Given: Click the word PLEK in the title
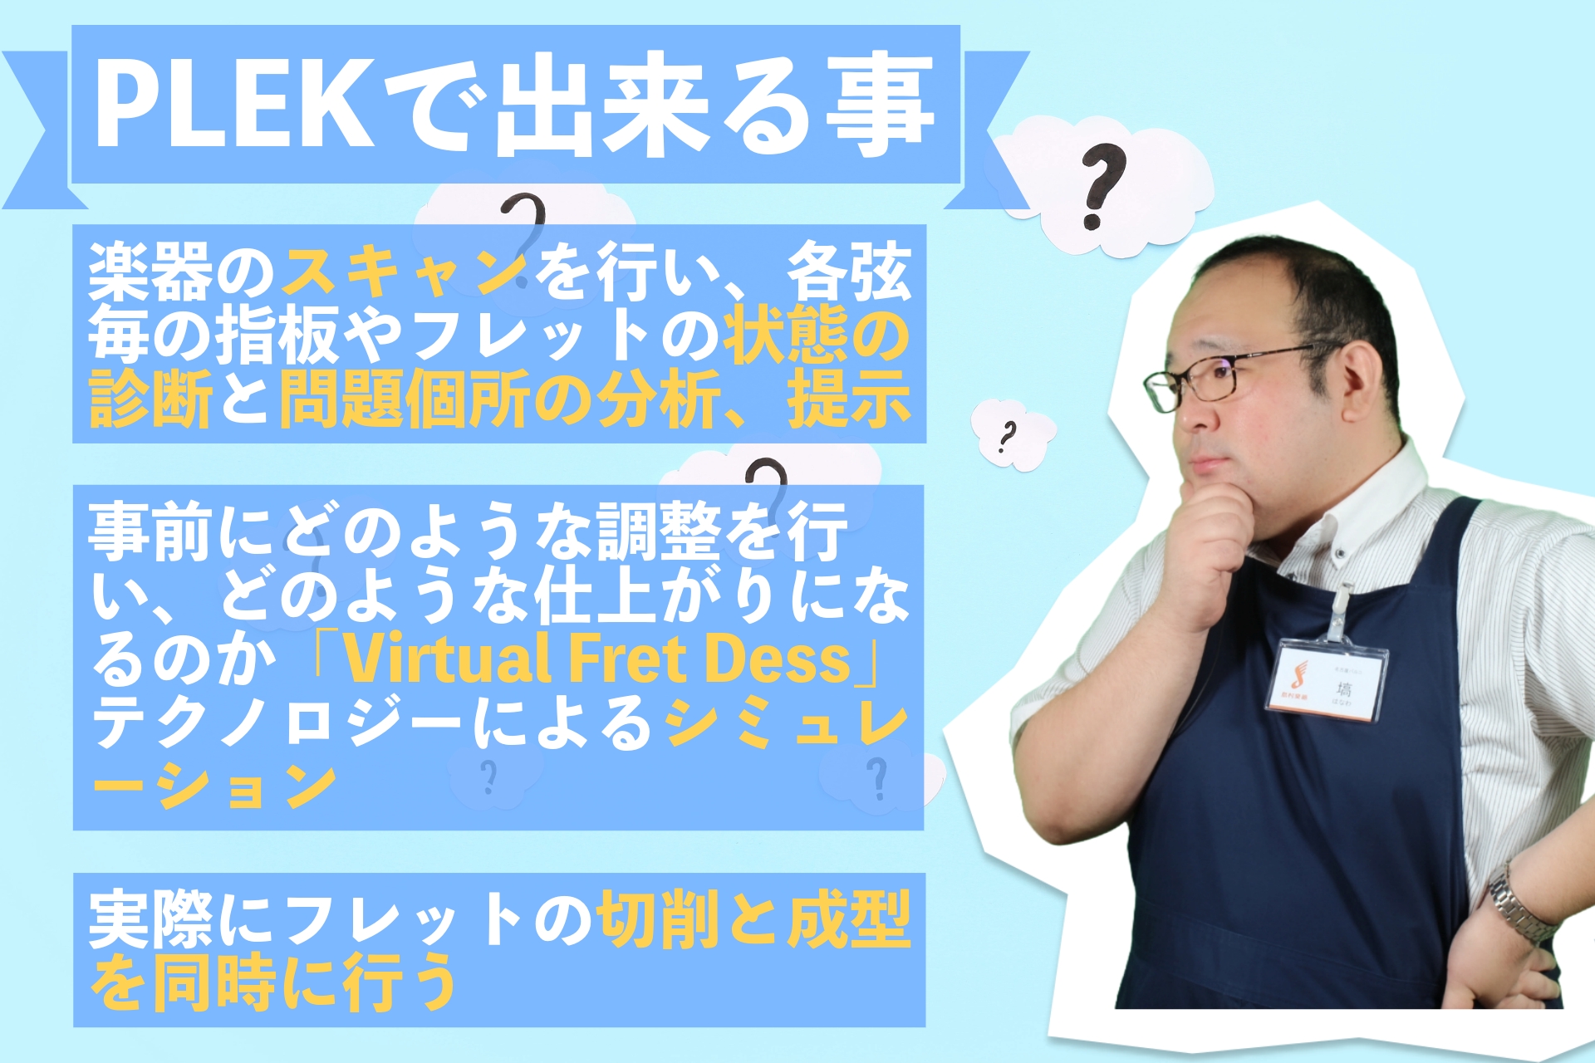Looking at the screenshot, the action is [x=235, y=104].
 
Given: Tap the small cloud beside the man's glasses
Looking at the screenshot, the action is [x=1012, y=434].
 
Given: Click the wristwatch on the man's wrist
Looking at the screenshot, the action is [x=1516, y=905].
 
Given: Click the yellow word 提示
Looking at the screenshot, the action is [x=849, y=399].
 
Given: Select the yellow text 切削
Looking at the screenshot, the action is [x=658, y=918].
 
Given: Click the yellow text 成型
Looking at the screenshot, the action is [x=849, y=918].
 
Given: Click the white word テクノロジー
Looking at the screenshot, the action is [x=278, y=723].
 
